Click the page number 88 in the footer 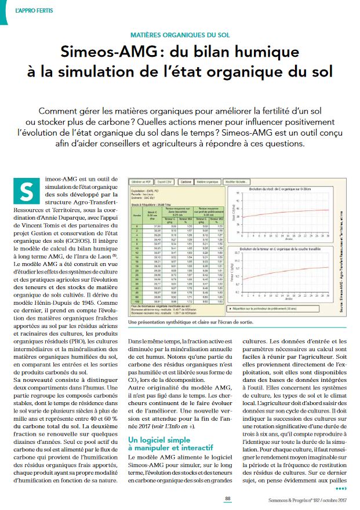click(x=228, y=498)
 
